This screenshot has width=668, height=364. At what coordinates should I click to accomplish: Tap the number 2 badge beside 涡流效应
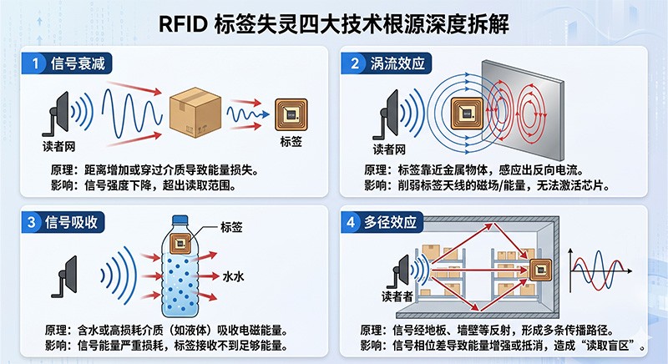pyautogui.click(x=355, y=63)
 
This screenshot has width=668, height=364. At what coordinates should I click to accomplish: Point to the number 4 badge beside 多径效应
pyautogui.click(x=355, y=222)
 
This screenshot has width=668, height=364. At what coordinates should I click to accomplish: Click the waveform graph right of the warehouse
pyautogui.click(x=599, y=272)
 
